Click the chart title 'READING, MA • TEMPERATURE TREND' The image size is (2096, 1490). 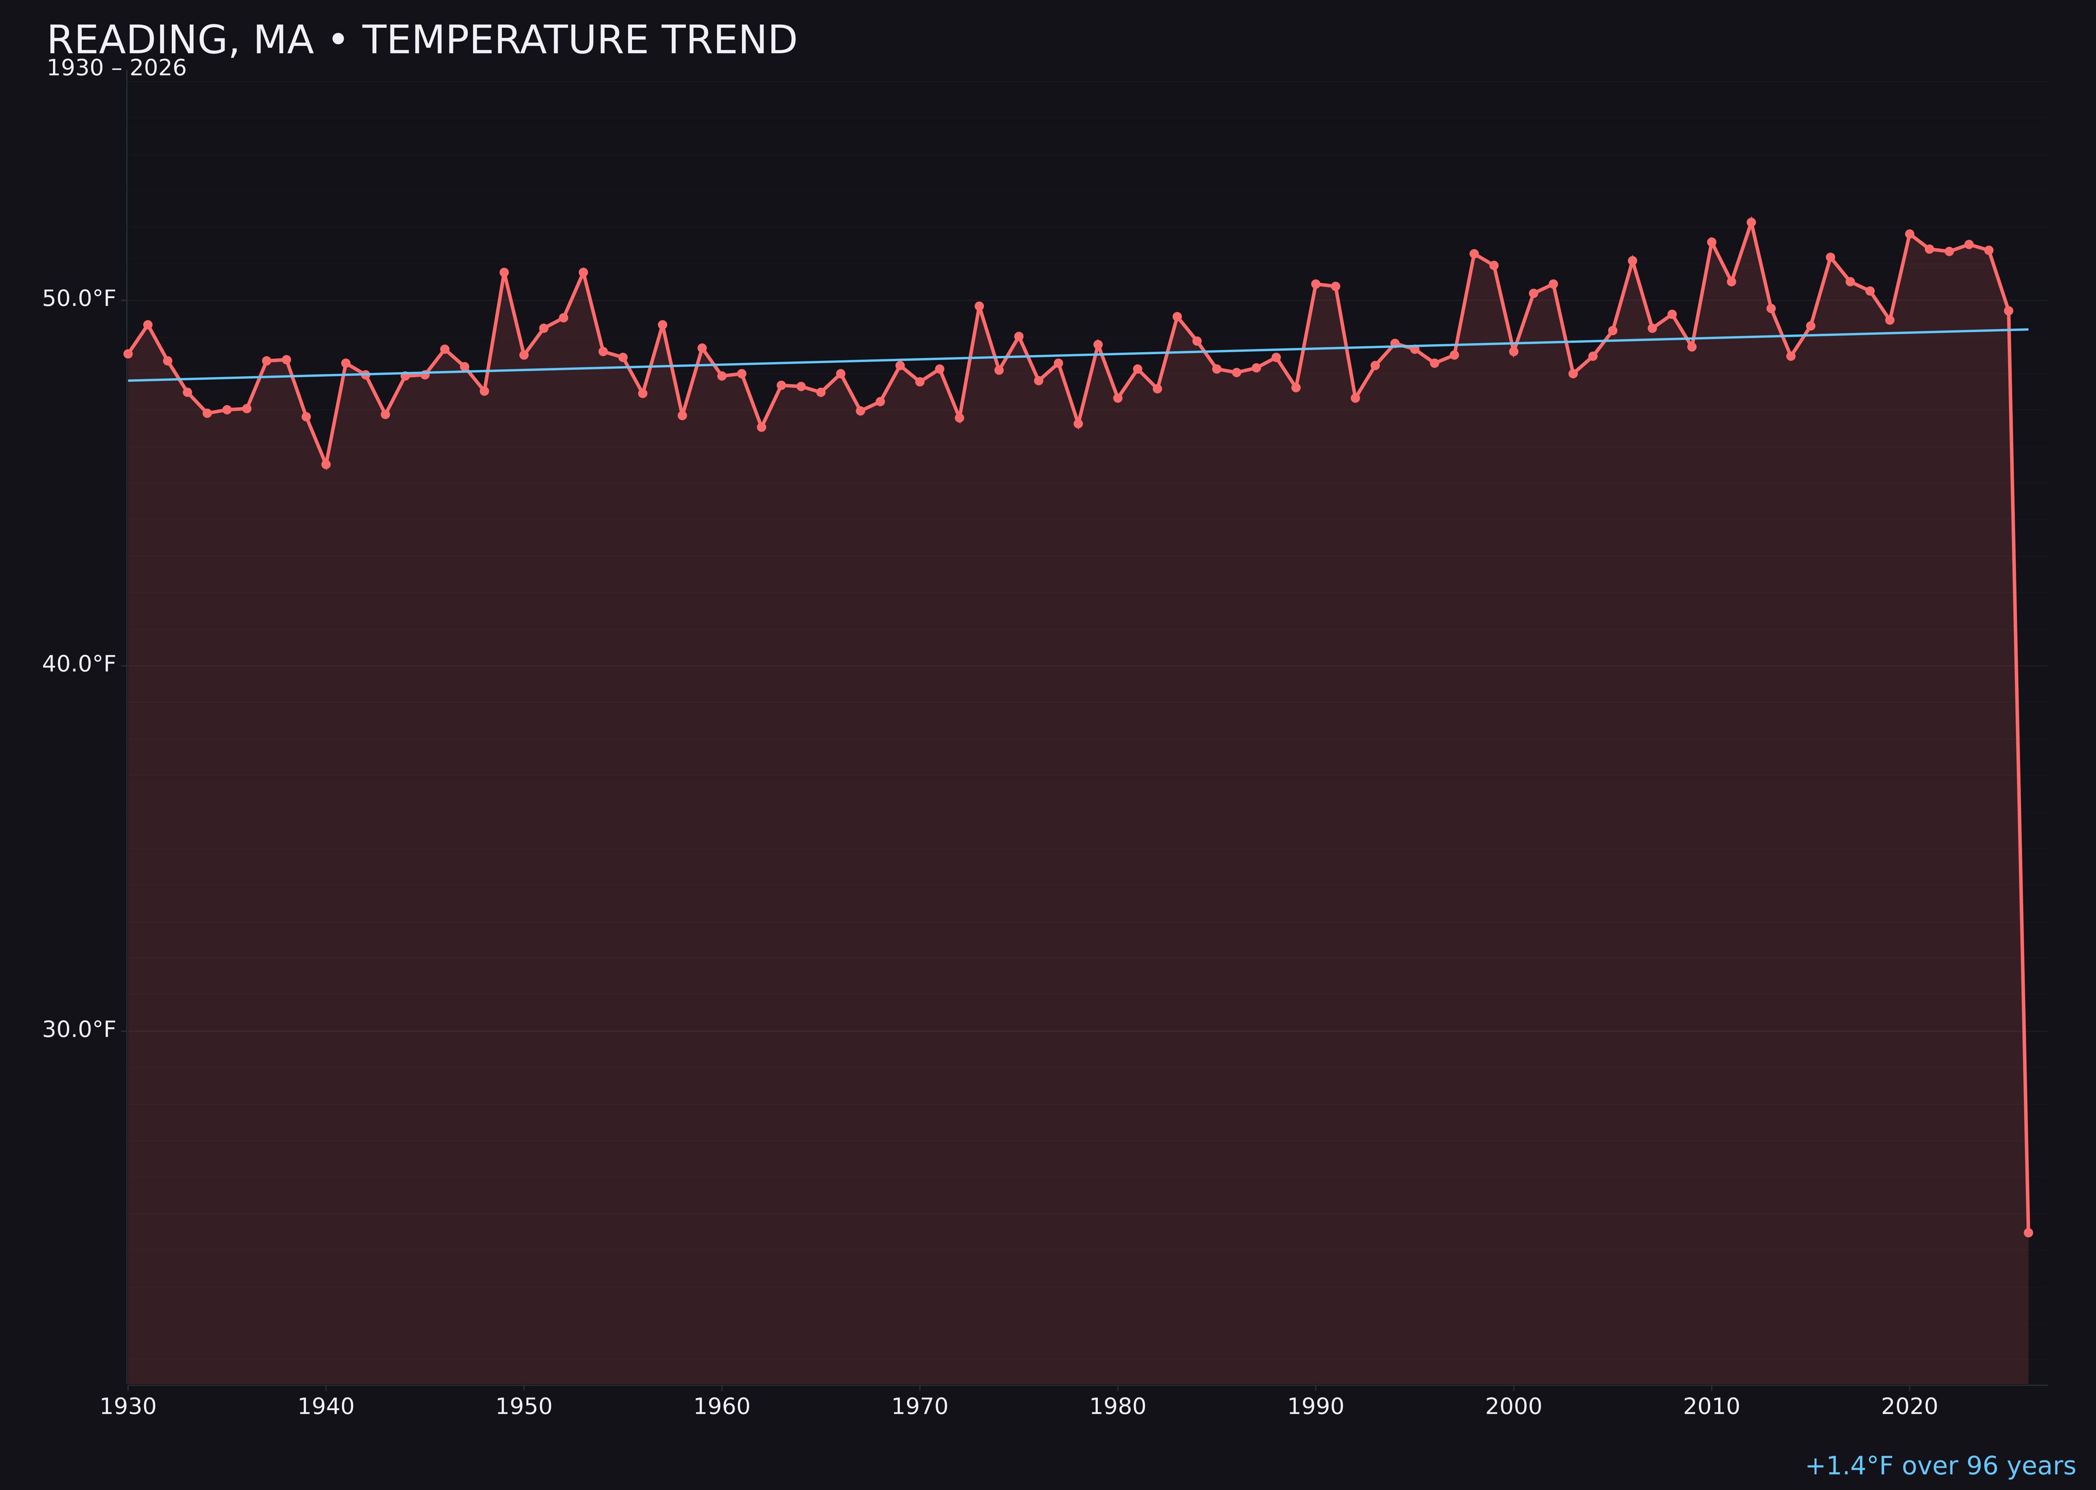coord(421,40)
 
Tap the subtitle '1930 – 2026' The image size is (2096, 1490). coord(116,69)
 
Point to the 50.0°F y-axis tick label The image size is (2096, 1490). coord(79,299)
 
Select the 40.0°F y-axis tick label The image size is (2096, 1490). coord(79,664)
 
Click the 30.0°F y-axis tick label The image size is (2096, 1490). coord(79,1029)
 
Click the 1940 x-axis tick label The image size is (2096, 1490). coord(326,1407)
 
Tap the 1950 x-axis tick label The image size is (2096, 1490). coord(524,1407)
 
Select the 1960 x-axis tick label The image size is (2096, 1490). coord(722,1407)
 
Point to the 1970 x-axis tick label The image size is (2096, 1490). coord(920,1407)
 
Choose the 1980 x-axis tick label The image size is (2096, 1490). coord(1118,1407)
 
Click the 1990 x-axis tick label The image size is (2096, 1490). coord(1315,1407)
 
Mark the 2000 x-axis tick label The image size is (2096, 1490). coord(1513,1407)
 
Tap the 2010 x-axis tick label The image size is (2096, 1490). coord(1711,1407)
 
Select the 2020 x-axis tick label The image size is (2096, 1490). coord(1909,1407)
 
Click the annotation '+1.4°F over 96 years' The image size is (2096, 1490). coord(1940,1466)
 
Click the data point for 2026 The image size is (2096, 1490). coord(2028,1232)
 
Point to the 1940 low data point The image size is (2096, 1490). coord(326,464)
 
